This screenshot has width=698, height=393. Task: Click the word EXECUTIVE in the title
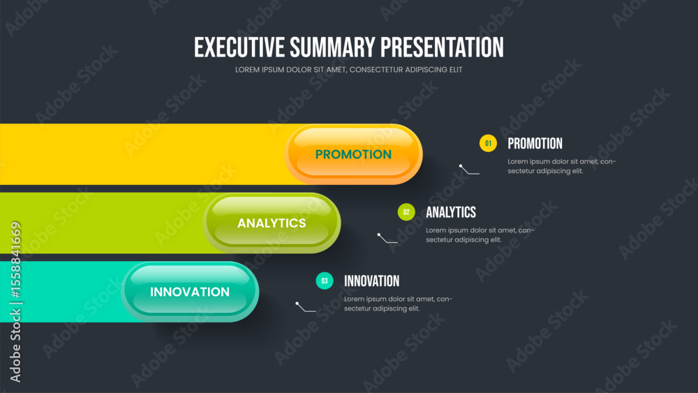pos(239,47)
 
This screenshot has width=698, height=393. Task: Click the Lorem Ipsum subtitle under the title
pos(348,69)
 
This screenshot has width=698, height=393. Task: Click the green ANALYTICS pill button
pos(272,223)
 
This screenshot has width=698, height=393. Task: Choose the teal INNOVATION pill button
pos(190,292)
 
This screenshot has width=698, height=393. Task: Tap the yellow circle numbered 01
pos(488,143)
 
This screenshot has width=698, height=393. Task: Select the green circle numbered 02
pos(406,212)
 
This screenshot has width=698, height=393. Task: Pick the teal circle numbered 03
pos(325,281)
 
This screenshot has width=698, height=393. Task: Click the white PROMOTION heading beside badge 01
pos(535,143)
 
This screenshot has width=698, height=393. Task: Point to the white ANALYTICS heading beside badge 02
pos(451,212)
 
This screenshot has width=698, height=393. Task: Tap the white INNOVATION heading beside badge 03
pos(372,281)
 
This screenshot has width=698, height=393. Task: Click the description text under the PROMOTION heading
pos(562,166)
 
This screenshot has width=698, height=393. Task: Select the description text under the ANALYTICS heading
pos(480,235)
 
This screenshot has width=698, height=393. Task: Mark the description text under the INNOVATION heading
pos(398,304)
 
